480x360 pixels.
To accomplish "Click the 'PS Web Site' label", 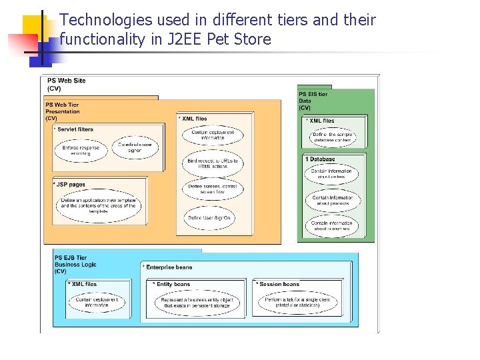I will coord(66,81).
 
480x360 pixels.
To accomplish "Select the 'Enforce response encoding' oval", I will coord(81,151).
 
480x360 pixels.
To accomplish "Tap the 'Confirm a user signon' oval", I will coord(135,148).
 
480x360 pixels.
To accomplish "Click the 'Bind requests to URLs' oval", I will coord(213,164).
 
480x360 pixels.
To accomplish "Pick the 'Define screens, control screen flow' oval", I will coord(213,189).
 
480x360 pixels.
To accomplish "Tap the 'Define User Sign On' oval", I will coord(213,218).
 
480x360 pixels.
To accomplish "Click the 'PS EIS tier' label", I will coord(313,95).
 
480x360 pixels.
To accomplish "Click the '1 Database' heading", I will coord(321,159).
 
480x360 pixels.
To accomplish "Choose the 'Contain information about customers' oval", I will coord(332,226).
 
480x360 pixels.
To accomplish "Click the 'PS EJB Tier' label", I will coord(71,258).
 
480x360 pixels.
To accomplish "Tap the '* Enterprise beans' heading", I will coord(168,267).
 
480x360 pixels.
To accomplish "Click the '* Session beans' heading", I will coord(279,284).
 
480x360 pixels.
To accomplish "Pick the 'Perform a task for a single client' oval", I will coord(297,303).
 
